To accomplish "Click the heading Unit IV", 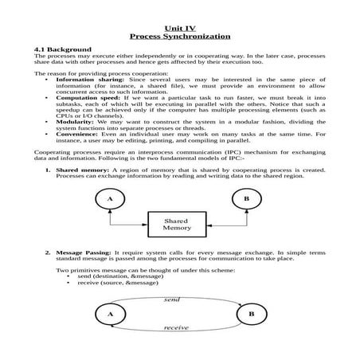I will (179, 28).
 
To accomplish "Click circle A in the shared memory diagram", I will (109, 198).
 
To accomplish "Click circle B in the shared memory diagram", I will (246, 198).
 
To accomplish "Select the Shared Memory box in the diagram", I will (177, 224).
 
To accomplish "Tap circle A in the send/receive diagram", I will (110, 315).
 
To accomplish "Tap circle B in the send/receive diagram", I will (252, 315).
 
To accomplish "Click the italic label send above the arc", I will (172, 299).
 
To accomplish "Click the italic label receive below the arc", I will (176, 327).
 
